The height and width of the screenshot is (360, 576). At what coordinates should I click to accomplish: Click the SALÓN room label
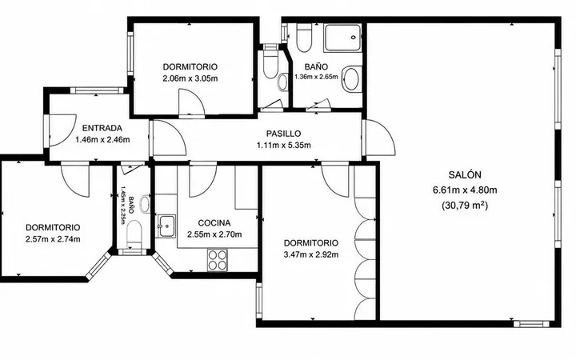[465, 175]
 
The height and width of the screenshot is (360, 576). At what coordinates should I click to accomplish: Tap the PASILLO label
[283, 134]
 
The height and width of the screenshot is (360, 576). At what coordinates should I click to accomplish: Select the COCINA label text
[214, 223]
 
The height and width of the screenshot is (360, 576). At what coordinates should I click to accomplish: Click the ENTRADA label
[102, 128]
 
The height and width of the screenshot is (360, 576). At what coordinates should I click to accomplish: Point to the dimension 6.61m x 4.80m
[465, 190]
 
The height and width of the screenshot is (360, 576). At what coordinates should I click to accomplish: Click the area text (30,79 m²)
[465, 206]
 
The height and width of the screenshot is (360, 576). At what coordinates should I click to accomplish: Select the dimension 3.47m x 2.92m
[311, 254]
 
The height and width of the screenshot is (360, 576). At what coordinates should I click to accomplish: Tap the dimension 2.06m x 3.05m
[190, 78]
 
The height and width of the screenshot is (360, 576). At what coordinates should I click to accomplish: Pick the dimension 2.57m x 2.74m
[53, 239]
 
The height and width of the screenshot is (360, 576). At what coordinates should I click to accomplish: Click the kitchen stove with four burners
[217, 260]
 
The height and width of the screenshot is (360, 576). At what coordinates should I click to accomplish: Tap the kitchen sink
[166, 226]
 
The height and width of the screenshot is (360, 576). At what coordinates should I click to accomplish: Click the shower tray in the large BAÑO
[342, 38]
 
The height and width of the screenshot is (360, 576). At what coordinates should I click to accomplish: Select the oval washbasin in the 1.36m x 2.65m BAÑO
[351, 78]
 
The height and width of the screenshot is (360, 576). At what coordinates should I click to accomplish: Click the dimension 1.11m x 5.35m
[283, 145]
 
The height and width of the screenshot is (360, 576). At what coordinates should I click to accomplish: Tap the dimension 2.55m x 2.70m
[214, 234]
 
